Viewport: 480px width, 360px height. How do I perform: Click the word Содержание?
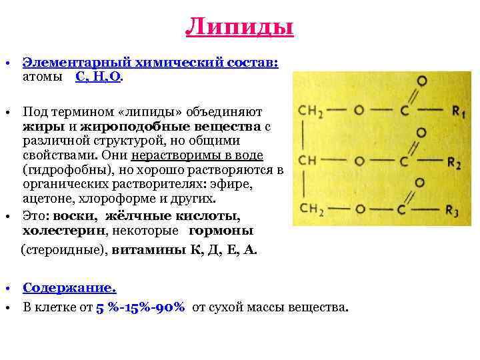pos(69,288)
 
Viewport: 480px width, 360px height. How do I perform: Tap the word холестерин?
pos(55,231)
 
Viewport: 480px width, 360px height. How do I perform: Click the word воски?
pos(74,216)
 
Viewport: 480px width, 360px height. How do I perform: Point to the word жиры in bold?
pos(37,126)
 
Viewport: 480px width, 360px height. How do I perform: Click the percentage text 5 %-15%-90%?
pos(140,308)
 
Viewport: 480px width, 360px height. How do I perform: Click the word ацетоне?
pos(44,199)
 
